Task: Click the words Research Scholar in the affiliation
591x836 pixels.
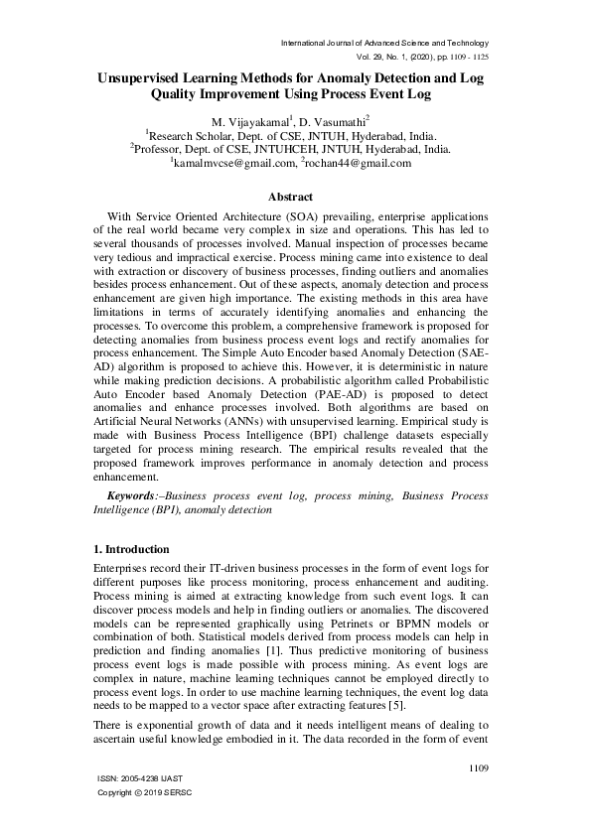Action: [x=189, y=135]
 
